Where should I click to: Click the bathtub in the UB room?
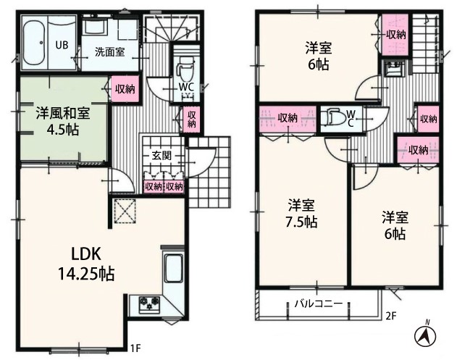(33, 42)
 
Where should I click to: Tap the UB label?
(62, 45)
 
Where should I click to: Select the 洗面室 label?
(109, 51)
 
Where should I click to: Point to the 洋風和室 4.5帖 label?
(63, 121)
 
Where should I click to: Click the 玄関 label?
(162, 156)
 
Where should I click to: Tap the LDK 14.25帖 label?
(86, 264)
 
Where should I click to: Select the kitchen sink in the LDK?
(174, 268)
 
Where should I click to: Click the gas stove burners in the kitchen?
(149, 305)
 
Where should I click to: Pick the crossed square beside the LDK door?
(125, 211)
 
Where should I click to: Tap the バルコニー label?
(318, 304)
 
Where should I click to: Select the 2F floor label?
(391, 316)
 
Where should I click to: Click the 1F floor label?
(135, 348)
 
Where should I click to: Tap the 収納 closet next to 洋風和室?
(125, 89)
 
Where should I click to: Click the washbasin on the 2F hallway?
(393, 69)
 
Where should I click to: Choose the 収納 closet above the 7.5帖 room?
(288, 118)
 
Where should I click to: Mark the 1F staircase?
(172, 28)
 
